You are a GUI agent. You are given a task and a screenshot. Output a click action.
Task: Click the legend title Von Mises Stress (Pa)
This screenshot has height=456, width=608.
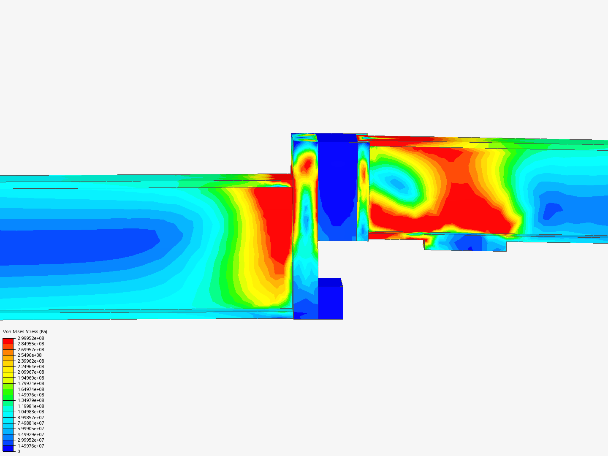25,331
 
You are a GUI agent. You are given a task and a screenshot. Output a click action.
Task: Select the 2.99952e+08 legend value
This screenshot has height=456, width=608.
31,338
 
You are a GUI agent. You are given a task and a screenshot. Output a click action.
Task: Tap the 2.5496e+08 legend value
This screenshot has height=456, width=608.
30,355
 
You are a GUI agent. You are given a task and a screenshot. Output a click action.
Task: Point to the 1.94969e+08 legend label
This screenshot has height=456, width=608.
31,377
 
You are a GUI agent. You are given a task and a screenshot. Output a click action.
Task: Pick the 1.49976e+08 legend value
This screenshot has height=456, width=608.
31,394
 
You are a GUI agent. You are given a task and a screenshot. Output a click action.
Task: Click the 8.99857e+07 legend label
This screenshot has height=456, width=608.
31,417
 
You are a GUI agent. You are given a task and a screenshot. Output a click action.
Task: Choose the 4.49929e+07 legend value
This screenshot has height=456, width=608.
31,434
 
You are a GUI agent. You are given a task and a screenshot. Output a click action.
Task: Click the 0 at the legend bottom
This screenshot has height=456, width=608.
19,451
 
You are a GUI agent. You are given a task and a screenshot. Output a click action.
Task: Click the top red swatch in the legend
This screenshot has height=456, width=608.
8,341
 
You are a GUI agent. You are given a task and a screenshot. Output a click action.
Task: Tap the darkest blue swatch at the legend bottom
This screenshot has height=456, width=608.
8,448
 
